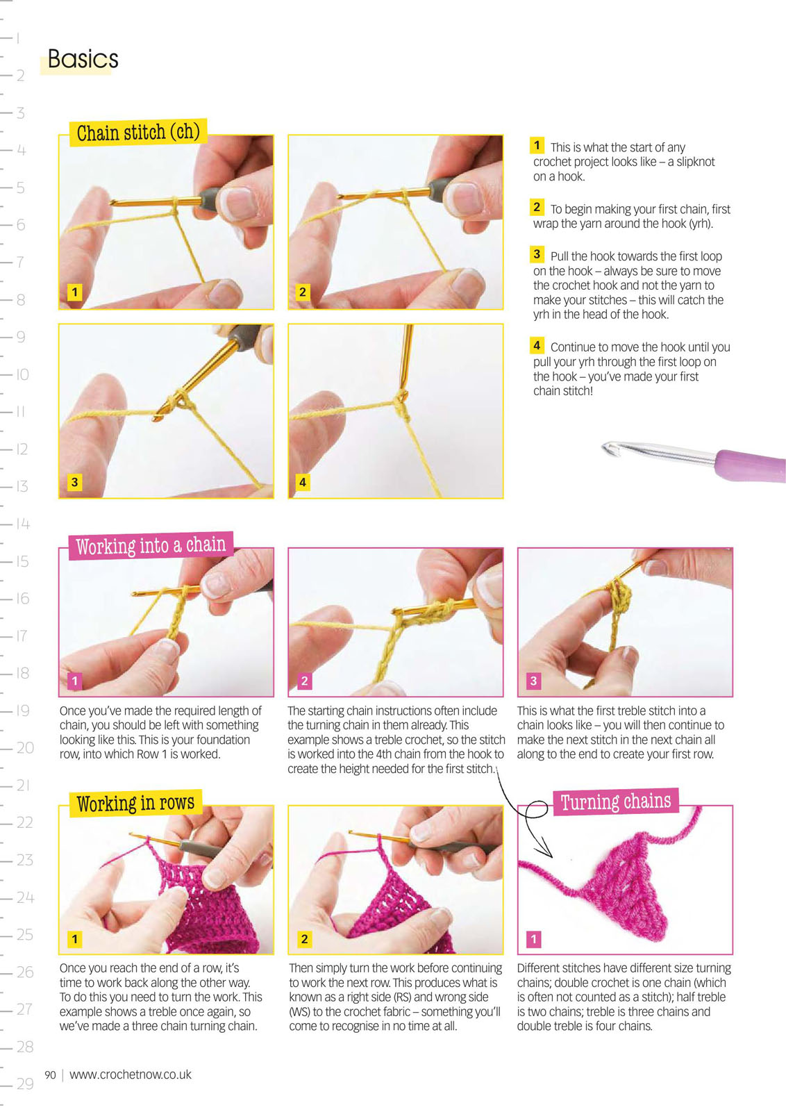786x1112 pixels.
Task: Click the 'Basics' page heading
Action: [83, 59]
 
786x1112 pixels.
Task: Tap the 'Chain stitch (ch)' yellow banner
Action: [138, 133]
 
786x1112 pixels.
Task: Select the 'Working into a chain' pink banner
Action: [151, 545]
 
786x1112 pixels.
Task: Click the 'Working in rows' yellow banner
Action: [135, 803]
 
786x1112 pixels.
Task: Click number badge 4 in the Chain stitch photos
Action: [303, 481]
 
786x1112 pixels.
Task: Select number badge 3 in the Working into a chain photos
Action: [533, 681]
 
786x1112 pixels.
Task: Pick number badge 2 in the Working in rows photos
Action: [304, 939]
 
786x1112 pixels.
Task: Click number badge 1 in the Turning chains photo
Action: [533, 939]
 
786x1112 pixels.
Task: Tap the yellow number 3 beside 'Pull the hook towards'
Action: [537, 254]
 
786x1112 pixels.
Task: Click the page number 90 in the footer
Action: [50, 1074]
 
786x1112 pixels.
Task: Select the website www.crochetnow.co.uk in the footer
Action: [131, 1074]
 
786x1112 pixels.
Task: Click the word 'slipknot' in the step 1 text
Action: [695, 162]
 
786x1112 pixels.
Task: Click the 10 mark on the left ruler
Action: [23, 374]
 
